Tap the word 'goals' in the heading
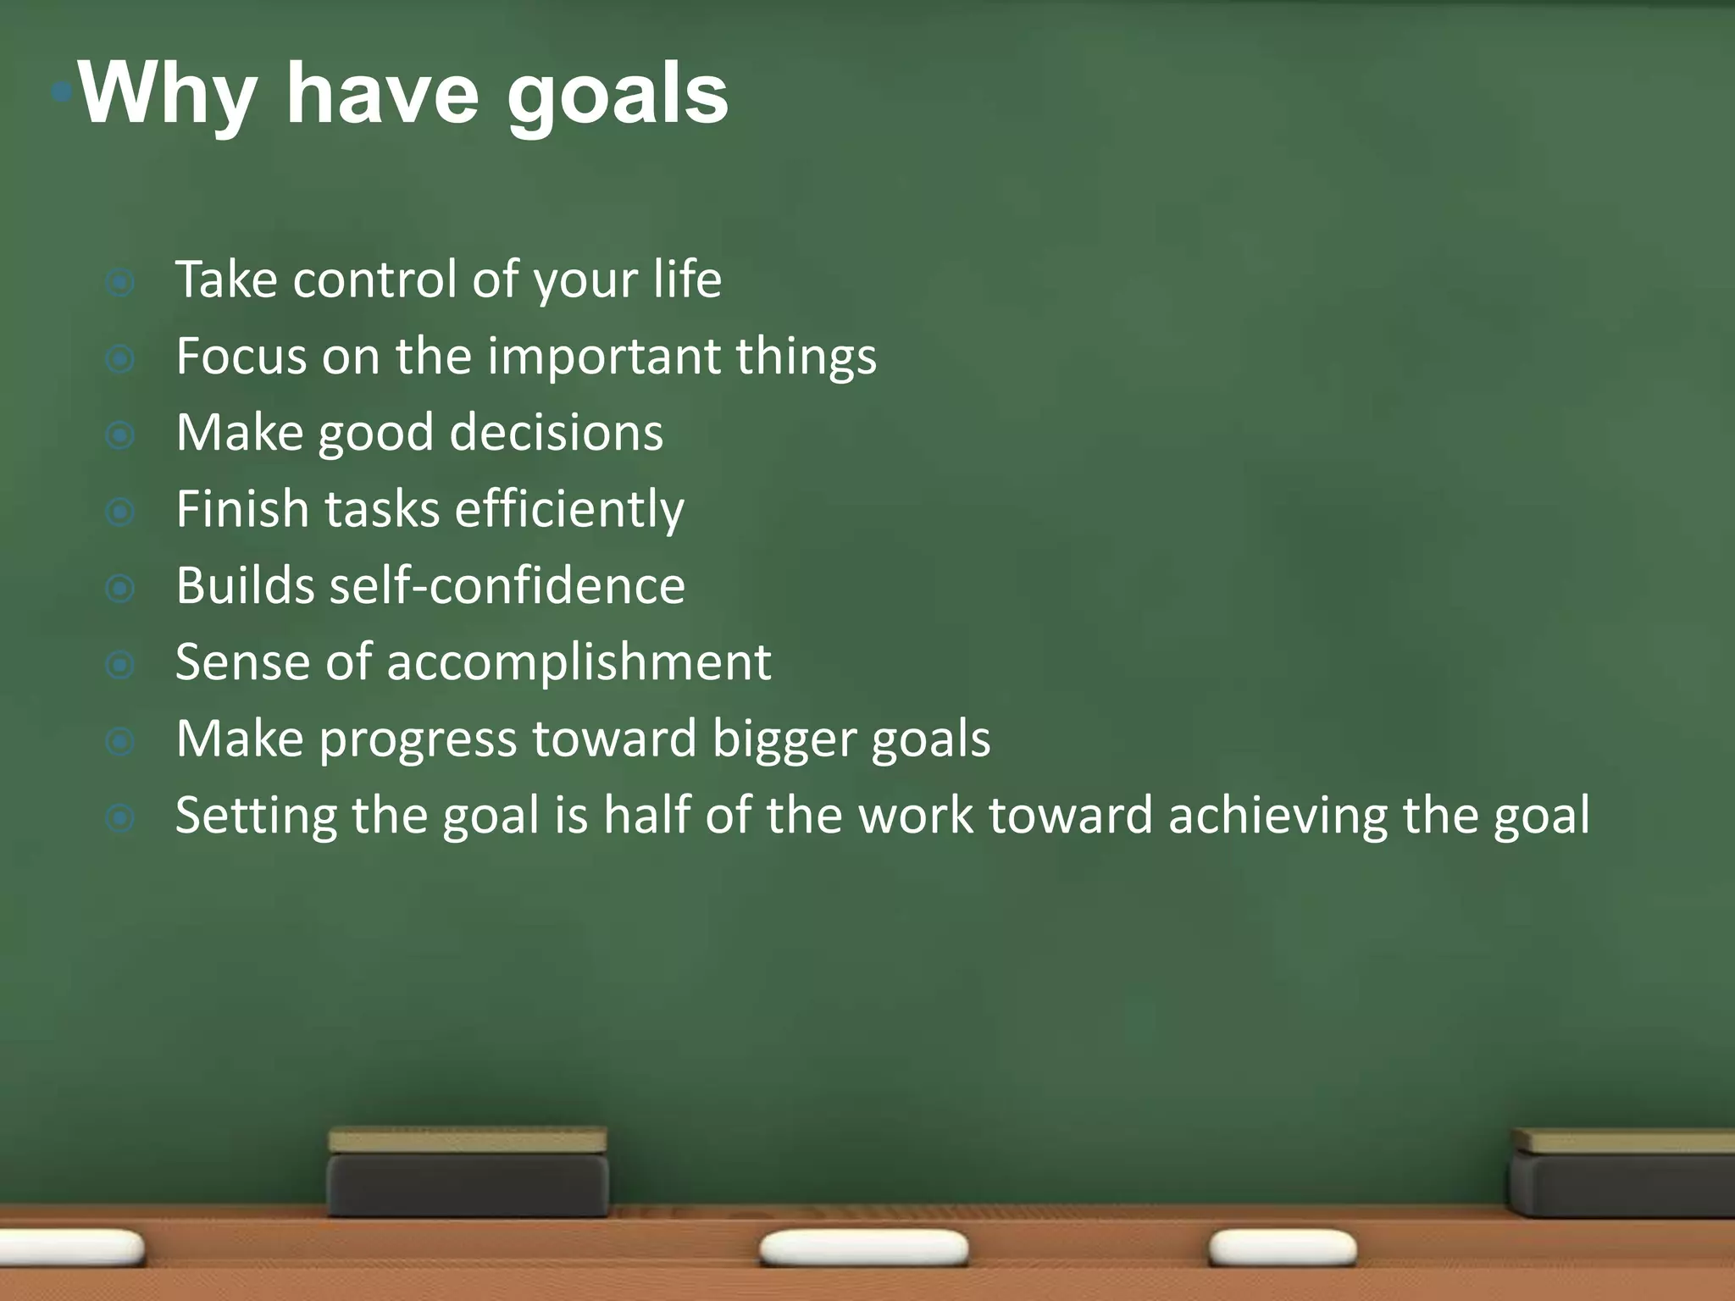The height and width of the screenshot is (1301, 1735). pyautogui.click(x=618, y=95)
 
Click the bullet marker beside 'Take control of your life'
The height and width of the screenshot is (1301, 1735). pyautogui.click(x=120, y=282)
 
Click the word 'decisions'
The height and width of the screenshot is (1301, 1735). pyautogui.click(x=556, y=433)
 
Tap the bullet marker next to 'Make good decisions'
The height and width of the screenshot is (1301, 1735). pyautogui.click(x=120, y=435)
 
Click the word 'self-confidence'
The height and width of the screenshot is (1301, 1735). pyautogui.click(x=507, y=586)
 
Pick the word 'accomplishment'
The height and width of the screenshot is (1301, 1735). pyautogui.click(x=579, y=662)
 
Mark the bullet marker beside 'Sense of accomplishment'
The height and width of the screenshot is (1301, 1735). pyautogui.click(x=120, y=665)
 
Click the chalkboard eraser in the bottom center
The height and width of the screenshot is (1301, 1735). pyautogui.click(x=468, y=1173)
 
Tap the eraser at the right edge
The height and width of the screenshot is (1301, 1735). pyautogui.click(x=1622, y=1173)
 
